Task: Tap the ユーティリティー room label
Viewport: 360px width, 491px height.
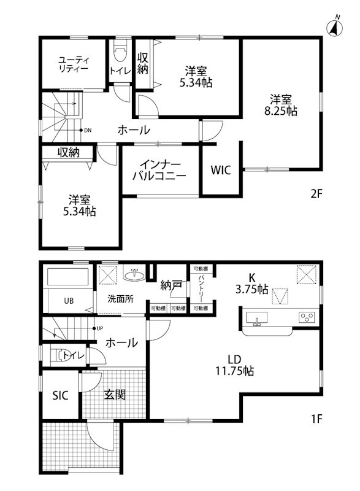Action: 74,64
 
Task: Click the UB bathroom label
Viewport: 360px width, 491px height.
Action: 71,301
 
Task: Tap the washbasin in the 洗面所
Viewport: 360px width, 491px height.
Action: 132,276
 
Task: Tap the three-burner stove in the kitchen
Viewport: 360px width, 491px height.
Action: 306,318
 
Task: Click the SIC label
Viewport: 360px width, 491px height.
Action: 60,395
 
